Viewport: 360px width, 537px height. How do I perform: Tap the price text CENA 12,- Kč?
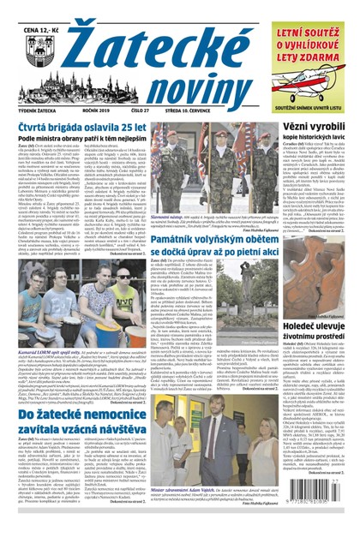pos(31,10)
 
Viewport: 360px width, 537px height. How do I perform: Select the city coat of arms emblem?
pos(31,39)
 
